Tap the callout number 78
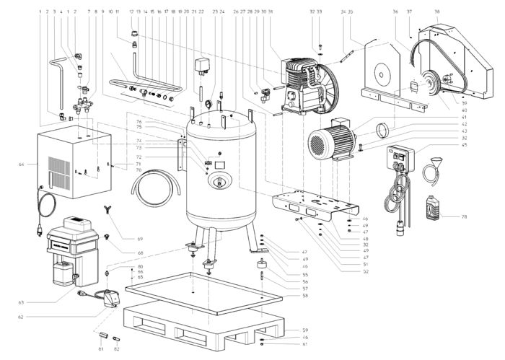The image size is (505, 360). pyautogui.click(x=465, y=216)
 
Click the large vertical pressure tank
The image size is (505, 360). pyautogui.click(x=221, y=173)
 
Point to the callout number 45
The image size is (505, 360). pyautogui.click(x=465, y=145)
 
